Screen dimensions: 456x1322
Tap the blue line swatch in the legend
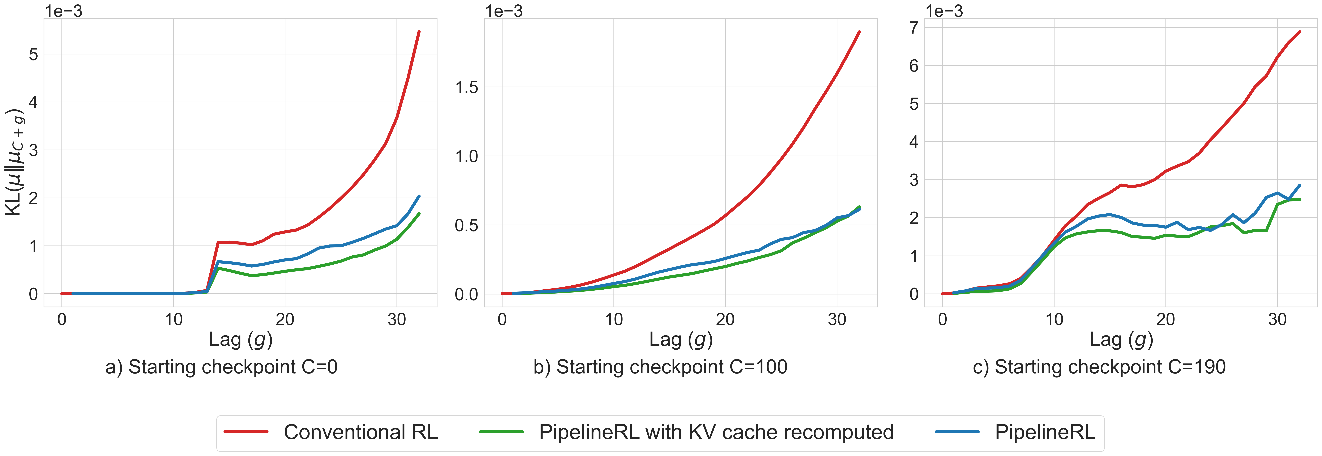(957, 432)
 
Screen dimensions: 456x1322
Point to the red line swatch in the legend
(246, 432)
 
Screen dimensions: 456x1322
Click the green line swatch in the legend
(501, 432)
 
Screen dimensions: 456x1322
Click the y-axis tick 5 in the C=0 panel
(33, 54)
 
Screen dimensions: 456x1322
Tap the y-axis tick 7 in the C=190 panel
(914, 28)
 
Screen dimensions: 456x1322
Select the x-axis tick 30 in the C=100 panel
(837, 320)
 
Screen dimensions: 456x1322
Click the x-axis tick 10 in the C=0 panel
(174, 320)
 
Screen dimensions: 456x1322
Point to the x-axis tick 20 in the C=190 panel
(1165, 320)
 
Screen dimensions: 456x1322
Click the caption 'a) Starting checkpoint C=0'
(221, 367)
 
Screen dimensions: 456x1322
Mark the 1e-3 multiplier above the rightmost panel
(944, 11)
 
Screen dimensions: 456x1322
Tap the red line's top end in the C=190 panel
(1299, 32)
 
